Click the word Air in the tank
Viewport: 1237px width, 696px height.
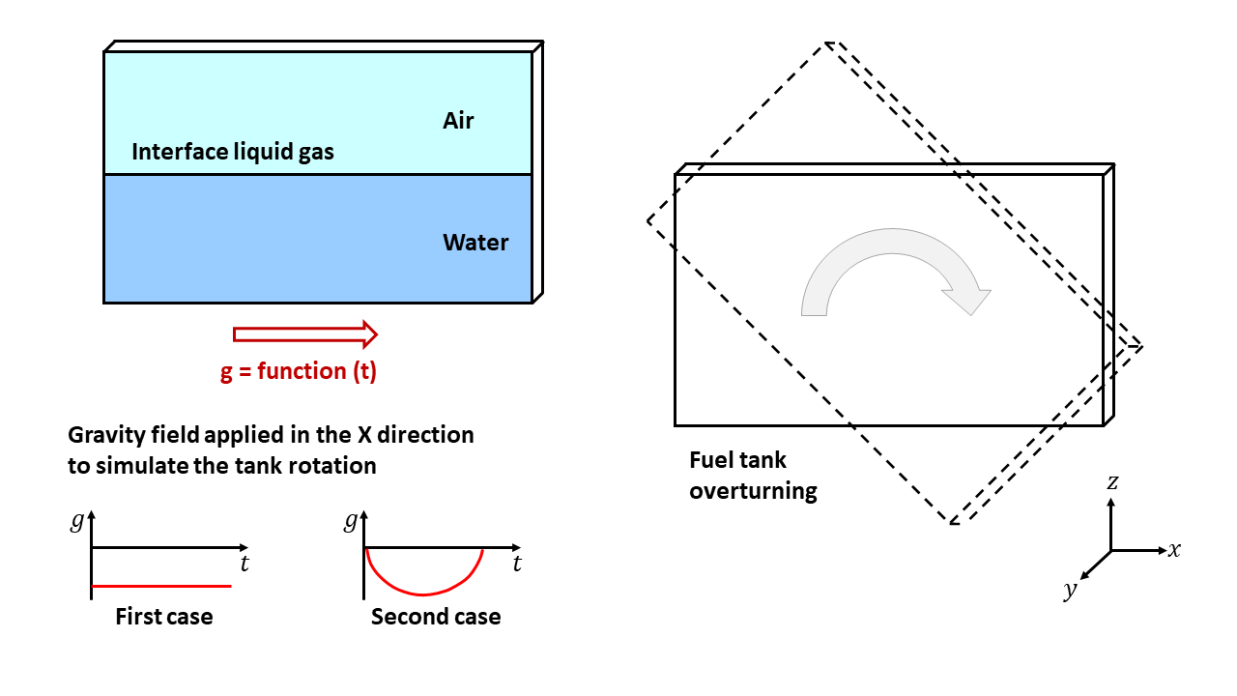458,121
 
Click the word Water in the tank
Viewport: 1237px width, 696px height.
475,243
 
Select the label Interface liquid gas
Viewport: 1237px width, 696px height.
232,152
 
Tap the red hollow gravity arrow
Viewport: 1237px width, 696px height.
304,334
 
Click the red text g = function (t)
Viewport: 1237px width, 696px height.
298,371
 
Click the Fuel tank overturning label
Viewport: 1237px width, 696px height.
753,476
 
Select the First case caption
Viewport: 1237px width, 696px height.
163,617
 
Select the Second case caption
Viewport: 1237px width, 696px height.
436,617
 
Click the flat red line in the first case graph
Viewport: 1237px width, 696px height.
161,586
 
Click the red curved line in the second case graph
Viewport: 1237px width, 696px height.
421,593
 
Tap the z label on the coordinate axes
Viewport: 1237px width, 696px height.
1112,481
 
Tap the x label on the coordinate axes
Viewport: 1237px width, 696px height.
1174,550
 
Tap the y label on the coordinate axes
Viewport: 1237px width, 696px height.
1070,591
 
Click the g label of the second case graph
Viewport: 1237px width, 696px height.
350,522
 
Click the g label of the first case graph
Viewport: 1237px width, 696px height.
77,522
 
